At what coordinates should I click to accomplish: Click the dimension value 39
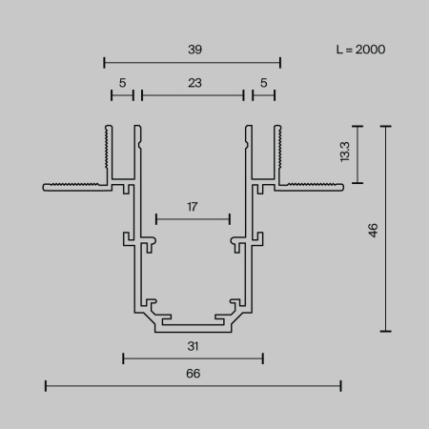(x=193, y=48)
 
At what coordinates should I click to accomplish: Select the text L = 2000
(x=360, y=49)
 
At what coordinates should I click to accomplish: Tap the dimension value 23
(x=194, y=83)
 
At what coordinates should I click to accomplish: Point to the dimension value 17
(x=193, y=205)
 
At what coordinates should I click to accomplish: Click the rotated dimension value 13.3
(x=343, y=153)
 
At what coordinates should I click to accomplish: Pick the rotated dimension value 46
(x=373, y=230)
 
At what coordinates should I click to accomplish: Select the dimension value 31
(x=193, y=347)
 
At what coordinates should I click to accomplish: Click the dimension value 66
(x=193, y=374)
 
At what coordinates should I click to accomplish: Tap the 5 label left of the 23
(x=122, y=83)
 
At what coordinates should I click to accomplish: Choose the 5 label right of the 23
(x=263, y=83)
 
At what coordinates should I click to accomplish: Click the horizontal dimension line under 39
(x=193, y=63)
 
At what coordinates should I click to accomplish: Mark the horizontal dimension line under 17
(x=193, y=218)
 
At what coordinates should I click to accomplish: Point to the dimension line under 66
(x=193, y=386)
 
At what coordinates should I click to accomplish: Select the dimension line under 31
(x=193, y=359)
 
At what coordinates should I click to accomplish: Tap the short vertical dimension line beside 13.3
(x=358, y=153)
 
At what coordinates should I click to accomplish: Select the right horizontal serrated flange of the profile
(x=310, y=186)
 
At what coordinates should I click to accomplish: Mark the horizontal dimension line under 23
(x=193, y=95)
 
